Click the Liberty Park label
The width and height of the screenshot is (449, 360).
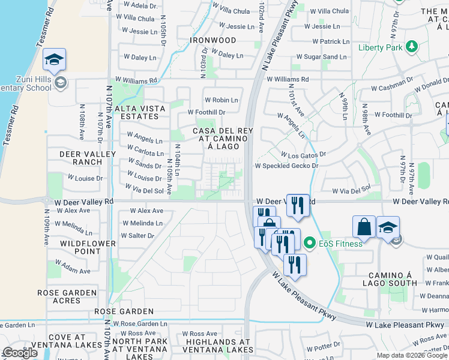click(381, 47)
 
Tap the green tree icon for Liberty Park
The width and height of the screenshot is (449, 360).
click(412, 47)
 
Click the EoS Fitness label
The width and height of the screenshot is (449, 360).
click(340, 244)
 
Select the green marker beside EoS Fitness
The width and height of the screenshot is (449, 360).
click(310, 243)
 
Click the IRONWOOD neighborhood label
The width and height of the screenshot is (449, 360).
click(213, 40)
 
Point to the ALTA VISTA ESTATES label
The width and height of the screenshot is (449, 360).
click(140, 112)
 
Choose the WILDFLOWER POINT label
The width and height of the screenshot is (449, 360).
click(80, 247)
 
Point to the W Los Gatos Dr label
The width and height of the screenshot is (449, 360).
click(303, 154)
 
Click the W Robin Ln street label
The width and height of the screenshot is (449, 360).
click(221, 100)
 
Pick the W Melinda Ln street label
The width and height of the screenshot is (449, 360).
click(142, 223)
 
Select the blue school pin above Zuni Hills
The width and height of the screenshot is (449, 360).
click(54, 60)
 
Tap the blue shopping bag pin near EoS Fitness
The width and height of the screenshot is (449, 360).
click(364, 227)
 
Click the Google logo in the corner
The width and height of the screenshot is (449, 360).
click(20, 353)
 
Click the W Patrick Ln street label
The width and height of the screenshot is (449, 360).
click(327, 42)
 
